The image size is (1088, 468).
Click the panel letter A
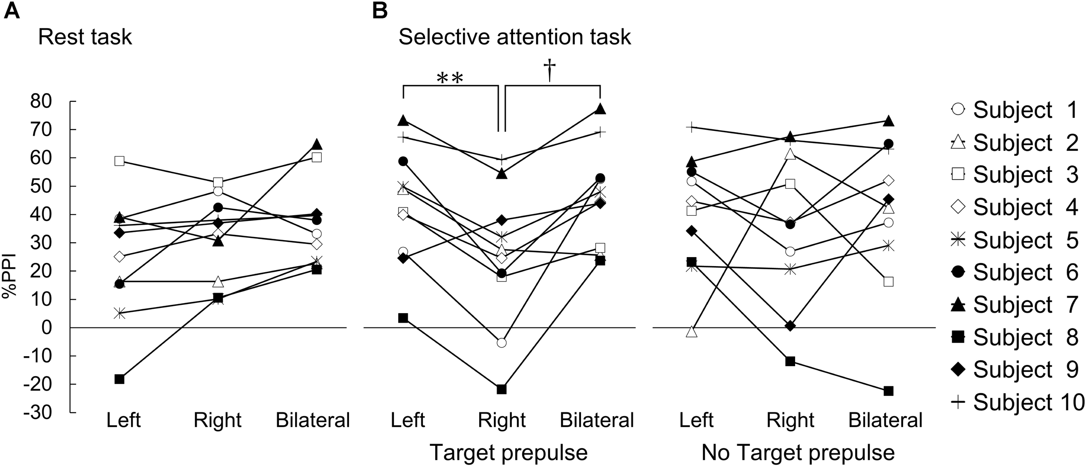12,11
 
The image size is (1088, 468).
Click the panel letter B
380,11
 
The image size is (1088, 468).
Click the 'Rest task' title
85,37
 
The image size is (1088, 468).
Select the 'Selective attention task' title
514,37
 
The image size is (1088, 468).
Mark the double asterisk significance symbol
450,78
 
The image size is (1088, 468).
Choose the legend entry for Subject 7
1014,304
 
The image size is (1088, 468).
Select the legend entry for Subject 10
1018,402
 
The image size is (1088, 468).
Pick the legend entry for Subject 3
1014,174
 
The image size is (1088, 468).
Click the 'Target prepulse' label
508,453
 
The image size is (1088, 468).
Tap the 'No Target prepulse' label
798,453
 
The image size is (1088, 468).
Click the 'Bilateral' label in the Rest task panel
313,420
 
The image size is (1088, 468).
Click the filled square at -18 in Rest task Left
119,379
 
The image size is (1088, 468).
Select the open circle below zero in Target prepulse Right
501,343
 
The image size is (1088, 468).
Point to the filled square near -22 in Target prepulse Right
501,389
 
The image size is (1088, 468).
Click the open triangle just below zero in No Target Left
692,332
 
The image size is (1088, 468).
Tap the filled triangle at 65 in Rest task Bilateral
317,144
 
